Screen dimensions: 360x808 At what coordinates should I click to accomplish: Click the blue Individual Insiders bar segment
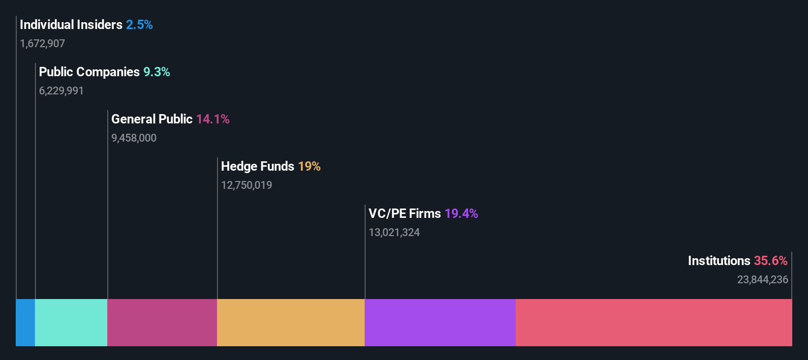[x=25, y=322]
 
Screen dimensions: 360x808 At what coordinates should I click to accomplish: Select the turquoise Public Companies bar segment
[x=71, y=322]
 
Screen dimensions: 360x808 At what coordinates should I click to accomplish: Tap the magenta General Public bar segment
[x=162, y=322]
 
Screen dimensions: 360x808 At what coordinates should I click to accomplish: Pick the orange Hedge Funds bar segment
[x=290, y=322]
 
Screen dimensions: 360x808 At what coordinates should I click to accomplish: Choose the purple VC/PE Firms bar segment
[x=440, y=322]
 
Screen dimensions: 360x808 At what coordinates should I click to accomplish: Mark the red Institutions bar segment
[x=653, y=322]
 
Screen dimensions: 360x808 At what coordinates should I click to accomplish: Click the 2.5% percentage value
[x=139, y=25]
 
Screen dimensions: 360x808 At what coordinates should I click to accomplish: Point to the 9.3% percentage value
[x=156, y=72]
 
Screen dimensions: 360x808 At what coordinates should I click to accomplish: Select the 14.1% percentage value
[x=213, y=119]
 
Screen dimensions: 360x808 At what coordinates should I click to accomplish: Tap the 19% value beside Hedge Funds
[x=309, y=166]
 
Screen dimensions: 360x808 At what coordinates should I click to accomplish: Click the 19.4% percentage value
[x=461, y=213]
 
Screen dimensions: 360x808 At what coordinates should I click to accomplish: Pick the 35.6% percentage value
[x=771, y=261]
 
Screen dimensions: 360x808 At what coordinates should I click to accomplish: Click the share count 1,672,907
[x=42, y=44]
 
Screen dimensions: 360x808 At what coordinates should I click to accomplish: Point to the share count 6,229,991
[x=62, y=91]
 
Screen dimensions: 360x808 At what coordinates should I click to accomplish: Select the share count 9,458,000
[x=134, y=138]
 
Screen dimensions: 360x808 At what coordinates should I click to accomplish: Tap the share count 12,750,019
[x=247, y=185]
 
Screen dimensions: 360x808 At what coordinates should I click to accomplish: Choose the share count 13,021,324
[x=394, y=233]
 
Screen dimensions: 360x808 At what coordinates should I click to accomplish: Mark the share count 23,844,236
[x=762, y=280]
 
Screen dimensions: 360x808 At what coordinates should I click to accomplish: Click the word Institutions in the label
[x=719, y=261]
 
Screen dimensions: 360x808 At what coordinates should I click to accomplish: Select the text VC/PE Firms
[x=404, y=213]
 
